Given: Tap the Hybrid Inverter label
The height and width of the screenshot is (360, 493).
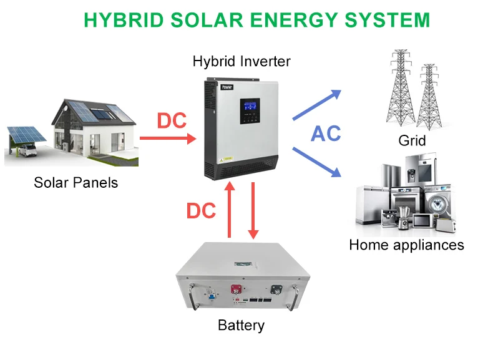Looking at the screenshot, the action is [242, 61].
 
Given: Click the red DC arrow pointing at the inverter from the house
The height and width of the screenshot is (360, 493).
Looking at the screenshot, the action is [167, 137].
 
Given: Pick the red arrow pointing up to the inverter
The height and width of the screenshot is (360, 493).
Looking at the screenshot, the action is [230, 209].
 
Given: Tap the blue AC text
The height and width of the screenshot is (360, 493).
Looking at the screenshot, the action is [326, 134].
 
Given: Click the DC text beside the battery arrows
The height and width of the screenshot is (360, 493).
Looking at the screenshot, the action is [201, 211].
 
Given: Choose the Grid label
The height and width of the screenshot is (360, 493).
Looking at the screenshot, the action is [412, 140].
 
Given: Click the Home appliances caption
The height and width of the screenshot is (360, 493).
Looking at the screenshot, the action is [406, 245].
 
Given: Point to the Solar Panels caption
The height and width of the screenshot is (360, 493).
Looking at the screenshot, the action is [76, 183].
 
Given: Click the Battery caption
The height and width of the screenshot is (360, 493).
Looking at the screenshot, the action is [241, 325].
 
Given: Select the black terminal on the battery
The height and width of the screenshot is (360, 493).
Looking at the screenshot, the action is [275, 289].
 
